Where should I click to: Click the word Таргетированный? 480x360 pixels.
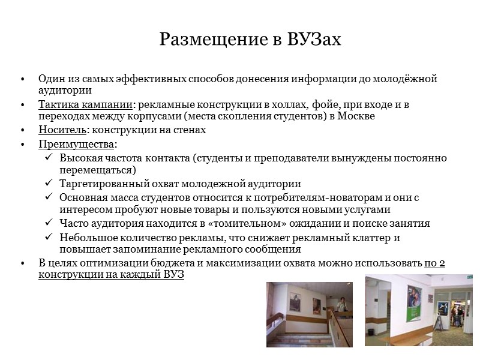pos(104,184)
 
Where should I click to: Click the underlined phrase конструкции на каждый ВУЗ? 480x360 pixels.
pos(112,275)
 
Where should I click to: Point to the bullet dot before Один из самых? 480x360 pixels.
pos(22,79)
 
